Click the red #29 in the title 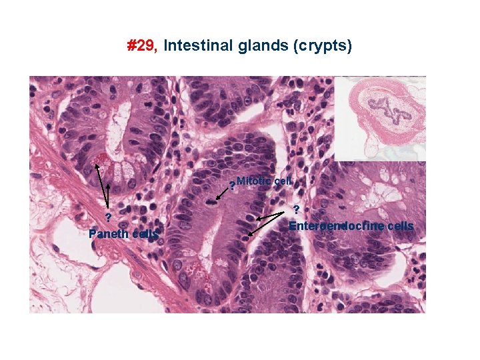coord(142,46)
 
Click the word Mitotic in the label coord(251,181)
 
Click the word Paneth coord(109,234)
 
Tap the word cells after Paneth coord(145,234)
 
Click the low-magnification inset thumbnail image coord(380,118)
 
